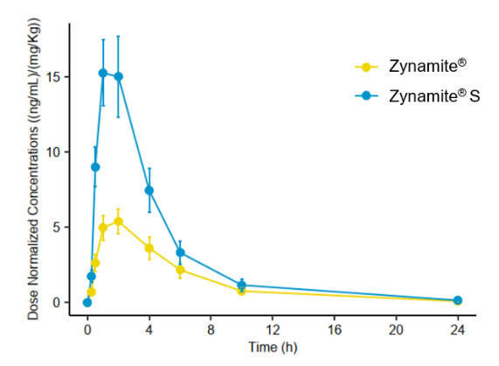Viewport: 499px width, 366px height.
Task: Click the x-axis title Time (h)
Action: (x=273, y=347)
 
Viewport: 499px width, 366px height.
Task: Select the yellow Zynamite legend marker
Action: (x=365, y=67)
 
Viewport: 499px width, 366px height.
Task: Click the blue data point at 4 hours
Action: (x=149, y=190)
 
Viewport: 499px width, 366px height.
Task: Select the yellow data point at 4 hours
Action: (x=149, y=248)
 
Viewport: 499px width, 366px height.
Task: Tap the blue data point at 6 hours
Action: (x=180, y=252)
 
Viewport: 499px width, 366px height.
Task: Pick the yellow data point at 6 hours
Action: (x=180, y=270)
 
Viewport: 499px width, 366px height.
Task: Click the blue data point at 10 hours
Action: (x=242, y=285)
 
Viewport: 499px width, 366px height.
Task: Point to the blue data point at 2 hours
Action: (x=118, y=76)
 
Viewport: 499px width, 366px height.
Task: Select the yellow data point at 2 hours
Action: (x=118, y=221)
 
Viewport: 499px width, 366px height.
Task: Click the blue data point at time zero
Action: (x=87, y=302)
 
